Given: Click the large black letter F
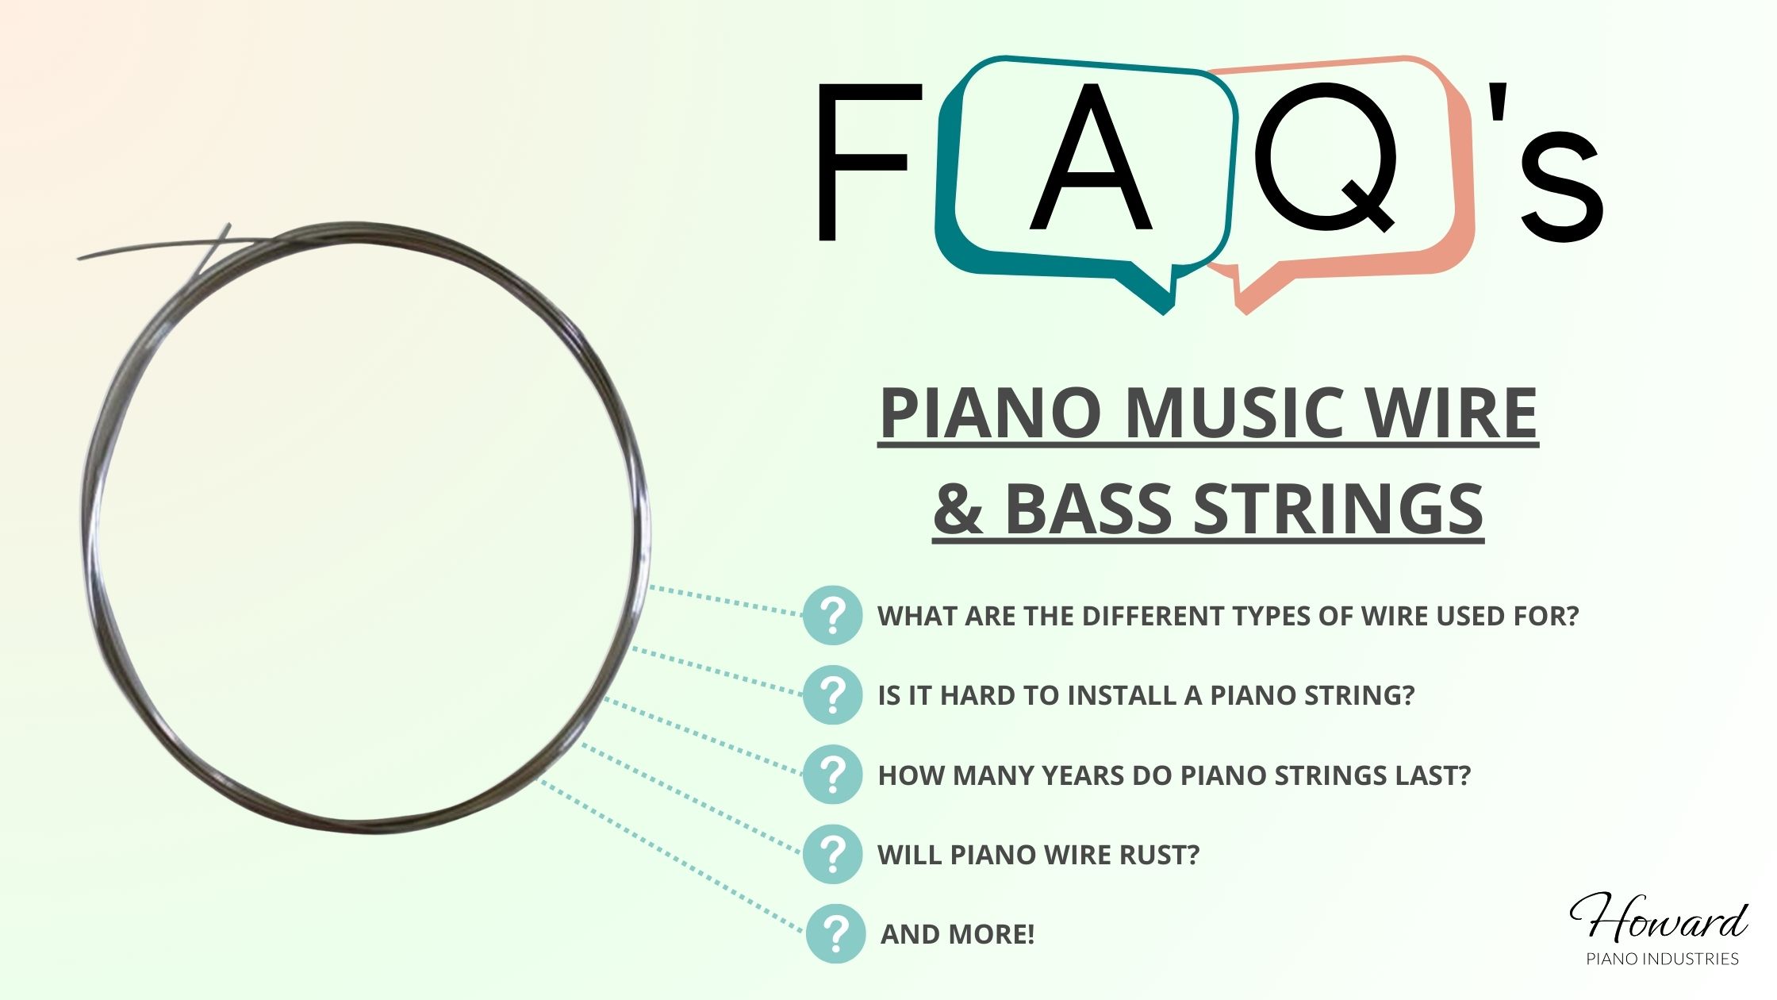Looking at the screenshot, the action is click(x=865, y=163).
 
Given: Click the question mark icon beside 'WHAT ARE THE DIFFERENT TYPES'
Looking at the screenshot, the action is click(x=832, y=615).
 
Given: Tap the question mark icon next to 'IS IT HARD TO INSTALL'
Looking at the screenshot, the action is click(x=832, y=694).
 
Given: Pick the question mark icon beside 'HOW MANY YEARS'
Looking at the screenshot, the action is click(x=832, y=775).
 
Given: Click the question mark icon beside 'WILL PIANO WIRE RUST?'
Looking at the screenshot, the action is click(x=832, y=854).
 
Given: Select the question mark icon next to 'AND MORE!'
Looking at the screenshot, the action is click(x=835, y=933).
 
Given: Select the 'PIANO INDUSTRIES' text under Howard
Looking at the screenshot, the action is click(x=1662, y=960).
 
